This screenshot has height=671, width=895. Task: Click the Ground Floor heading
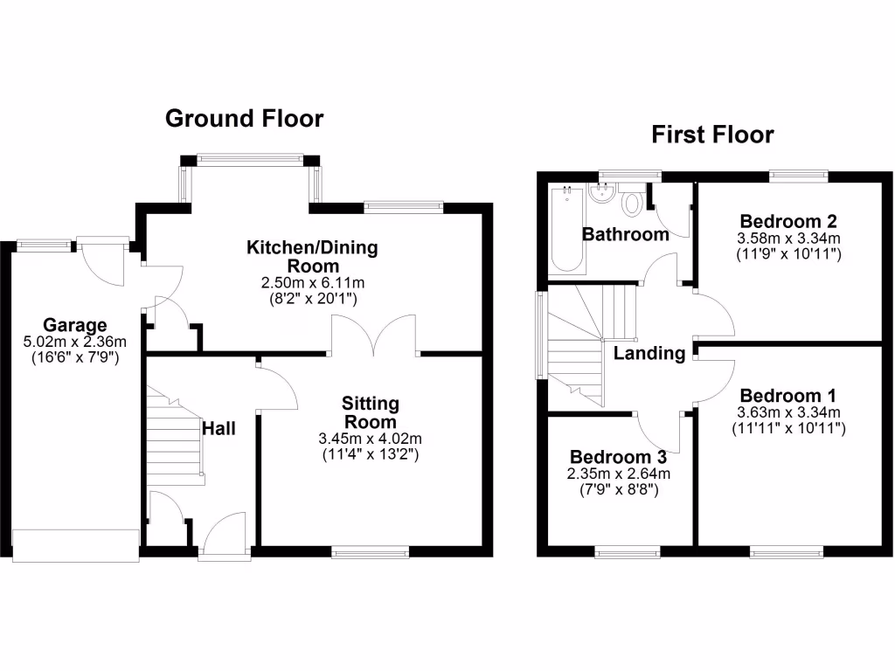click(x=245, y=118)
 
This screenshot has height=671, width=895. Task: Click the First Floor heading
click(x=712, y=135)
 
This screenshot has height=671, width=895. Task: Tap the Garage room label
click(x=78, y=325)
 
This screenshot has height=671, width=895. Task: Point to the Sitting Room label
click(x=370, y=412)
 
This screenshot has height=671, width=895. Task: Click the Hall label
click(x=219, y=429)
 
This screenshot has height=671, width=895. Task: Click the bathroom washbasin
click(x=601, y=192)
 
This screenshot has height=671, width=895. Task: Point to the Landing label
click(x=649, y=354)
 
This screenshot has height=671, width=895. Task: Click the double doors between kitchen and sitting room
click(x=374, y=337)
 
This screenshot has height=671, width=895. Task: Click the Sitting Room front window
click(x=370, y=551)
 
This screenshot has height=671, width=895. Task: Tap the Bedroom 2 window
click(x=799, y=176)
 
